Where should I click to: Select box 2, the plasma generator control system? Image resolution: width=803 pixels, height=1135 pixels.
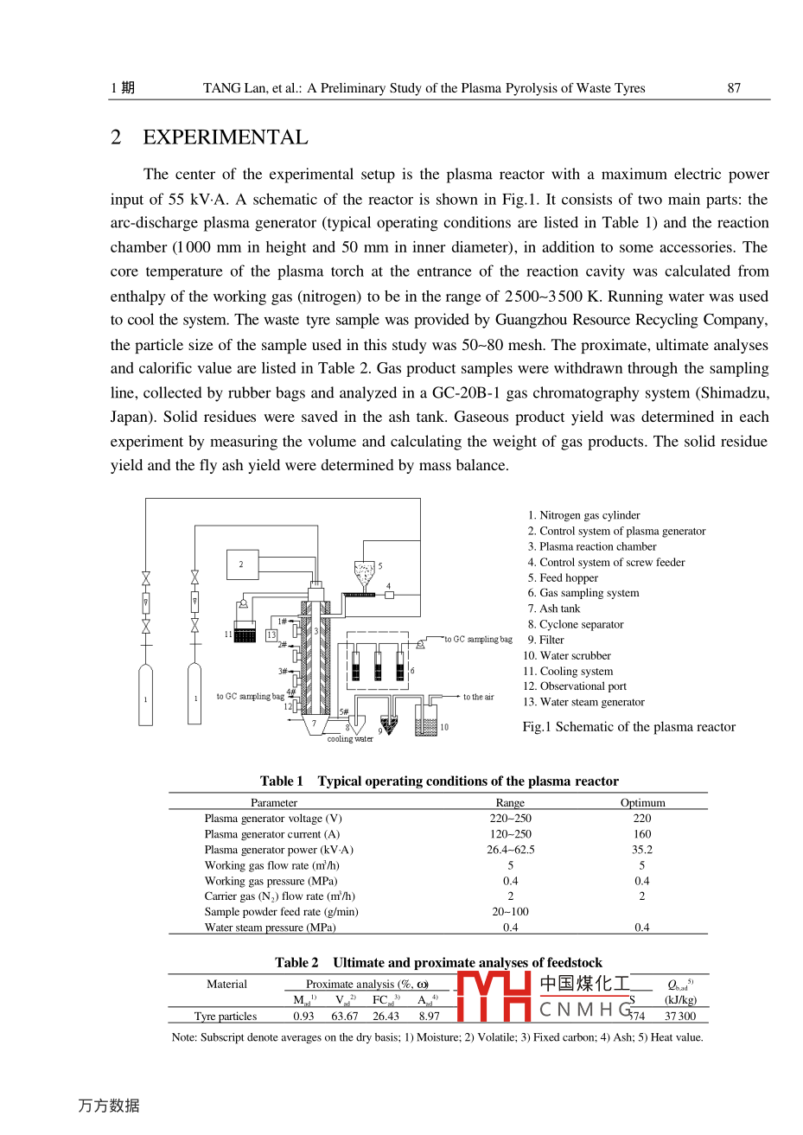(241, 564)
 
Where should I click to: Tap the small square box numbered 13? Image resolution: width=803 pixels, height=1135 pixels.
(271, 635)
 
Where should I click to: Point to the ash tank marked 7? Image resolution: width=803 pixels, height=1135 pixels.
(315, 724)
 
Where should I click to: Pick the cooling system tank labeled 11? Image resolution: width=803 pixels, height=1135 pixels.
(245, 633)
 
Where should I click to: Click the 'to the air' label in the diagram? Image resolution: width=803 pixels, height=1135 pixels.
(478, 697)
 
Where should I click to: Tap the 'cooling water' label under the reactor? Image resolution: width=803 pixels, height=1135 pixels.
(350, 739)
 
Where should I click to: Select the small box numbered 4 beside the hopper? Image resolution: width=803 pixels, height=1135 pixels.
(389, 595)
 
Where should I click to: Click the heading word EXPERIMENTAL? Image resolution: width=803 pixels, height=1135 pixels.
(225, 137)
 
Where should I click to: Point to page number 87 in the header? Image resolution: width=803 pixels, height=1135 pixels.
(734, 87)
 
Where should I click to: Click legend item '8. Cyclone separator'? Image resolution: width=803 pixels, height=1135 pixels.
(576, 624)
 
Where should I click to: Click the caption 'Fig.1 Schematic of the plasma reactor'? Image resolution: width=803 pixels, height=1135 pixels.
(628, 727)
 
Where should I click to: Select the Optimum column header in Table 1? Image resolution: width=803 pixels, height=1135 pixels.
(642, 802)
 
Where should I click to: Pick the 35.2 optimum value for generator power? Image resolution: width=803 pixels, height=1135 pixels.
(642, 850)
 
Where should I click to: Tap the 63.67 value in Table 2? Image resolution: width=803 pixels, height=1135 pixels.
(344, 1017)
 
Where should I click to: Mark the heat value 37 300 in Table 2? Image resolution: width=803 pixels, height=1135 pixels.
(679, 1017)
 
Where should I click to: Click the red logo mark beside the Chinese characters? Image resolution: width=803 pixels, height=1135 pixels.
(493, 997)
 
